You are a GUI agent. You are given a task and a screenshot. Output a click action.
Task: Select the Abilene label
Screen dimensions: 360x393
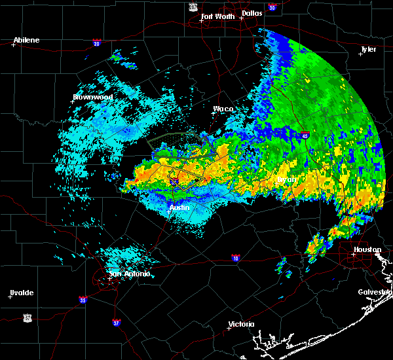click(x=26, y=40)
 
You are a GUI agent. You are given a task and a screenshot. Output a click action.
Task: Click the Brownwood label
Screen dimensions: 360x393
click(x=92, y=97)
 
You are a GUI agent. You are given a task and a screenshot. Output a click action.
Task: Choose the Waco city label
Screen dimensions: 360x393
click(x=223, y=109)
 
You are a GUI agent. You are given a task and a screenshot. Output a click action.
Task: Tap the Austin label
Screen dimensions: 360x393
click(x=179, y=207)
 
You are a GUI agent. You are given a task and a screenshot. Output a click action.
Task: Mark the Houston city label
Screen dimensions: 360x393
click(x=367, y=249)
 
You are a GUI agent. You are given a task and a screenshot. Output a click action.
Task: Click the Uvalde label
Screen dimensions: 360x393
click(x=22, y=293)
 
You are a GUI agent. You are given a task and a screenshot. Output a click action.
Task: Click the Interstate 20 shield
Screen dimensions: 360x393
click(x=96, y=43)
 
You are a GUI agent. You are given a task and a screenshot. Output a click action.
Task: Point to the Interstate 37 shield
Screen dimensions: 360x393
click(x=116, y=322)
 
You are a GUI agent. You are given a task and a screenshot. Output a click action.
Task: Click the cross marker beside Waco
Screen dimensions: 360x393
click(x=213, y=113)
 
